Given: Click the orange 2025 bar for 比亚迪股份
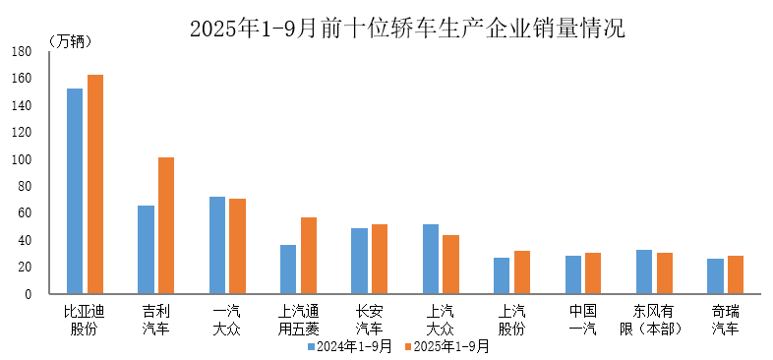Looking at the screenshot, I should (95, 184).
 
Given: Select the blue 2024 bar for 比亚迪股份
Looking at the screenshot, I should (75, 191).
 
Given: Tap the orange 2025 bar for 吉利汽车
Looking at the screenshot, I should (166, 225).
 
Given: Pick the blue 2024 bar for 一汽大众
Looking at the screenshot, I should (217, 245).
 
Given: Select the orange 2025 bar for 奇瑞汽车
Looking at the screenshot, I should (736, 274).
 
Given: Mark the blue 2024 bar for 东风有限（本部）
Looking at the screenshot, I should (644, 271).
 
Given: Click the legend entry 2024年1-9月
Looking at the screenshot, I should (350, 346).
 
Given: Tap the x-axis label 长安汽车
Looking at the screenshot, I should (369, 319).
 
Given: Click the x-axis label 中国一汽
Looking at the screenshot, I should (583, 319).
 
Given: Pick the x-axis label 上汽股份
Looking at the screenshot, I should (511, 319).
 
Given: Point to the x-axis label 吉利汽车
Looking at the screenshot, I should (155, 319).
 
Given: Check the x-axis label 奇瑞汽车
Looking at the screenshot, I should (726, 319).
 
